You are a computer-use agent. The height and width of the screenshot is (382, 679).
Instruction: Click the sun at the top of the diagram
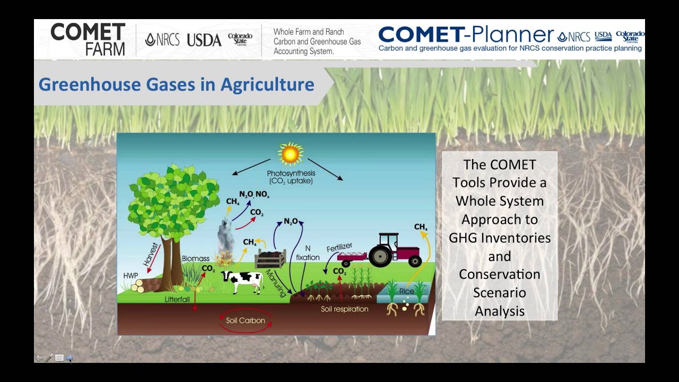coord(290,154)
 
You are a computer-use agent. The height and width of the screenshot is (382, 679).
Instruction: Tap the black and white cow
coord(242,279)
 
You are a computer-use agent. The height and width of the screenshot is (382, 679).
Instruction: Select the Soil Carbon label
coord(245,320)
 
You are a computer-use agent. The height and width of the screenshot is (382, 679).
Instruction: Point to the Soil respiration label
coord(344,309)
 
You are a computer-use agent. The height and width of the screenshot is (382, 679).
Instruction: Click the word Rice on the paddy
coord(407,291)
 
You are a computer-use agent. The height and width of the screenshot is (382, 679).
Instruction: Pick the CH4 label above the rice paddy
coord(421,227)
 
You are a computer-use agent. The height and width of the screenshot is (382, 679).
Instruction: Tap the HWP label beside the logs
coord(130,276)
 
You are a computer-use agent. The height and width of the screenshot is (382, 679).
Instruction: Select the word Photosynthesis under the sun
coord(291,173)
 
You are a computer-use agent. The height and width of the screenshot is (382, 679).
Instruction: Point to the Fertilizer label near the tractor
coord(339,248)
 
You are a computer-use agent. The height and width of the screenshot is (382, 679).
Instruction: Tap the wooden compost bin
coord(270,259)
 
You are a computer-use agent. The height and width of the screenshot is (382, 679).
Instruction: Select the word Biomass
coord(196,258)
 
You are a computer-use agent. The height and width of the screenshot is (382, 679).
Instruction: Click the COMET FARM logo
coord(88,39)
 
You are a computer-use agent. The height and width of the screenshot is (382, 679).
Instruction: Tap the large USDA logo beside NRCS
coord(204,40)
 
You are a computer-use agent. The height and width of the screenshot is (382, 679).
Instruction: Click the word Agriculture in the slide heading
coord(267,84)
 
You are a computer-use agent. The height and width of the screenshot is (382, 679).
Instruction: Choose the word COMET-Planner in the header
coord(466,35)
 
